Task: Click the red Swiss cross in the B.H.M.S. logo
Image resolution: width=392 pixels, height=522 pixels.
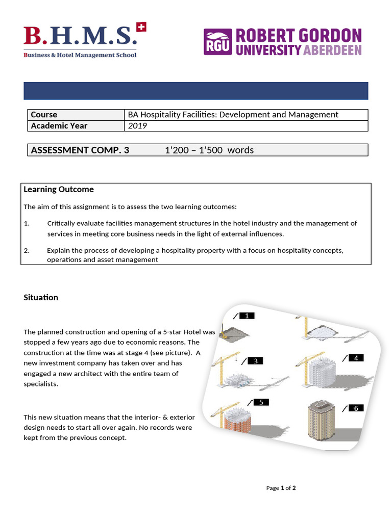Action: [x=141, y=27]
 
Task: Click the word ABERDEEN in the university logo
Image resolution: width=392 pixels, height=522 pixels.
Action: [x=332, y=49]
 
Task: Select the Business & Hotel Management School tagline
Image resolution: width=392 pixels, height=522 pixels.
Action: [x=80, y=55]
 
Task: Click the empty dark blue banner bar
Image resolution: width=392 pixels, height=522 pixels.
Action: [x=196, y=91]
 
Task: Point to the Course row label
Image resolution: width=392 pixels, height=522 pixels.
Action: [x=44, y=115]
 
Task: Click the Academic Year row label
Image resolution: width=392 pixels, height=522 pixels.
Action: [x=59, y=125]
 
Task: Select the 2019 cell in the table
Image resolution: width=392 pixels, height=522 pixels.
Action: [x=137, y=125]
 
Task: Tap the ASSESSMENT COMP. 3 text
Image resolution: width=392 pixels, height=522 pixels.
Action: [x=80, y=150]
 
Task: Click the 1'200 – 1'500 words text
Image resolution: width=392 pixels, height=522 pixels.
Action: [x=209, y=150]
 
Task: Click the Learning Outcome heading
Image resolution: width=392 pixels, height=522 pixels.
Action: [x=59, y=189]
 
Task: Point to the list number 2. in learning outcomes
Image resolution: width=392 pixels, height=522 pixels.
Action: [x=27, y=250]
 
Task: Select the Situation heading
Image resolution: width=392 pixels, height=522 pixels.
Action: [x=41, y=297]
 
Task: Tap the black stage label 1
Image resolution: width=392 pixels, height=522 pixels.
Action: [x=247, y=316]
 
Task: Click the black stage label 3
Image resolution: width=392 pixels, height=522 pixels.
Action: [x=255, y=361]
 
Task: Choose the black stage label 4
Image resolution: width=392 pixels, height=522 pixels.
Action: [x=355, y=358]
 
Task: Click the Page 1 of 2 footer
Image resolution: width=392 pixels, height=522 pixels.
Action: [x=281, y=488]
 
